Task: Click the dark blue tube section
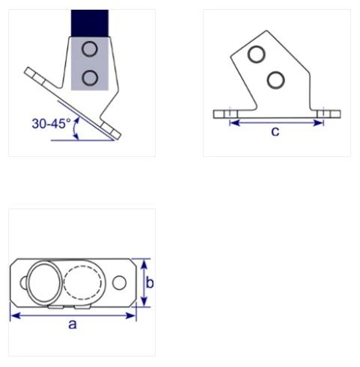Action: point(90,22)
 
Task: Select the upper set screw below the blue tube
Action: point(91,50)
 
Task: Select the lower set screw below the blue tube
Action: point(91,77)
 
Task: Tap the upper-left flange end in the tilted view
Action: point(32,73)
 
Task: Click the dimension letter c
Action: point(275,132)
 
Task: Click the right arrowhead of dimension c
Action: point(320,122)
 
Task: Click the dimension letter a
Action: point(72,324)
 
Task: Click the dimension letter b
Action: point(150,283)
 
